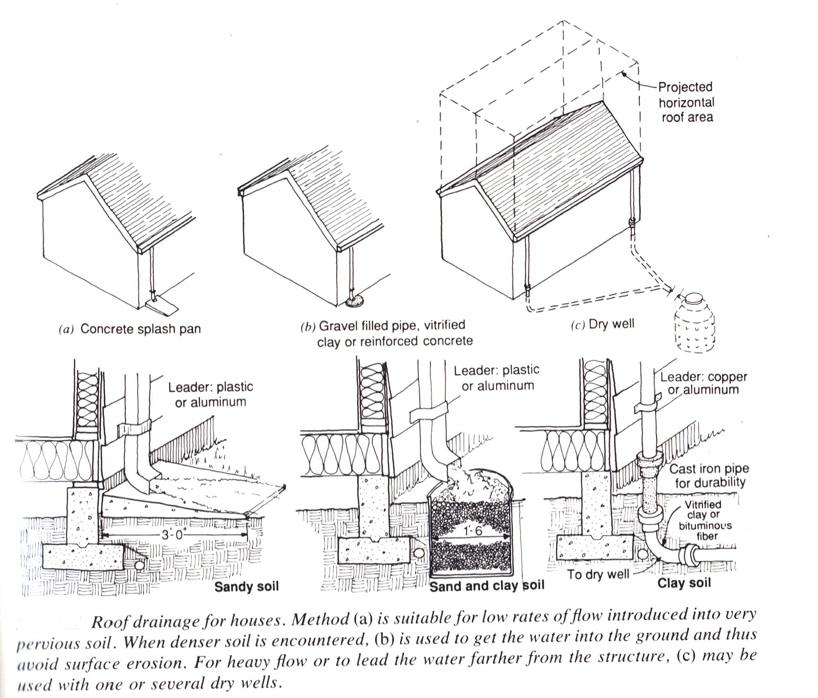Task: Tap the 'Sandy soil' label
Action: (246, 586)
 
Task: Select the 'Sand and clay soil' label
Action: (486, 586)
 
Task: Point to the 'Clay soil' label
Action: (684, 583)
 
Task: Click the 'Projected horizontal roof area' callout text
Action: (686, 102)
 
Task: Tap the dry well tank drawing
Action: (694, 322)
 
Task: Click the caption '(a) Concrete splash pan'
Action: (130, 329)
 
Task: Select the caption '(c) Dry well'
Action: (602, 324)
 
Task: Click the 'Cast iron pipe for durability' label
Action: (708, 476)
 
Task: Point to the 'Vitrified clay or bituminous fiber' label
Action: (705, 520)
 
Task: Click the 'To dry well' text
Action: (598, 574)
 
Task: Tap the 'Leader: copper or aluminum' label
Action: (703, 383)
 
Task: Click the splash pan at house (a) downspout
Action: (161, 307)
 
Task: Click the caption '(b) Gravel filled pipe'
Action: (383, 326)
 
